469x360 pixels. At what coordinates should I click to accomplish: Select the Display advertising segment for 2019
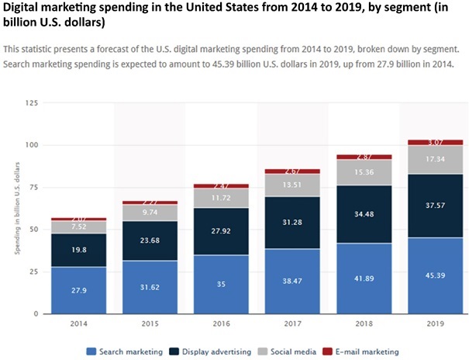point(434,206)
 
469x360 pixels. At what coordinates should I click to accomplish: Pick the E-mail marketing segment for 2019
point(434,143)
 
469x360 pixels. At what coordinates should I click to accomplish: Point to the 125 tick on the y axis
point(32,102)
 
